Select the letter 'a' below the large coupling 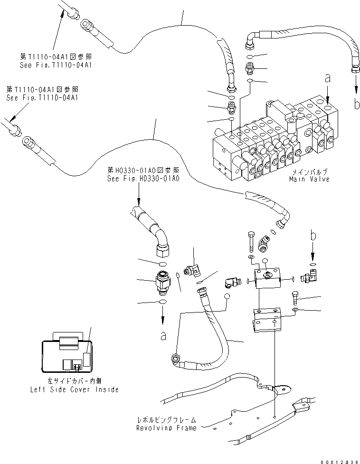[x=163, y=335]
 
